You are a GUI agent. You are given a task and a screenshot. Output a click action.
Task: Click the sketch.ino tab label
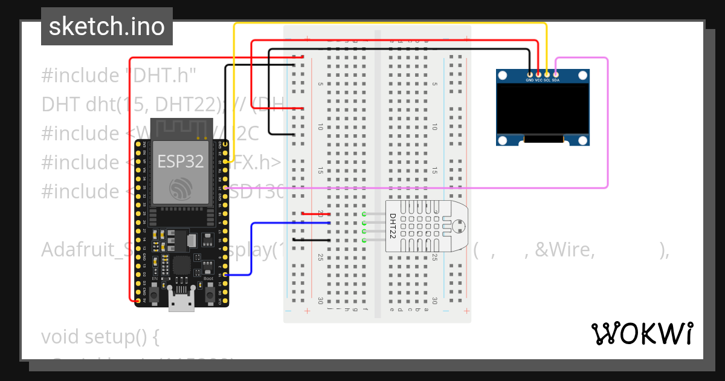point(106,27)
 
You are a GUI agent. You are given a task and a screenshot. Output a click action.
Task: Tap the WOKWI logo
point(642,333)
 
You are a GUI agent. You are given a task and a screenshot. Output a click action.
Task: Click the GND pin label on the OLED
point(530,80)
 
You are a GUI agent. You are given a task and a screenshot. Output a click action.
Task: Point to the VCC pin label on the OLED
point(538,80)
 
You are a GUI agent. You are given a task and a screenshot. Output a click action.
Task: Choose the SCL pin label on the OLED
point(547,80)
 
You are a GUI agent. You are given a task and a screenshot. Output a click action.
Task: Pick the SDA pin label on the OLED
point(556,80)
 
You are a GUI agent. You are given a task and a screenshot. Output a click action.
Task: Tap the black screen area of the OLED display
point(542,109)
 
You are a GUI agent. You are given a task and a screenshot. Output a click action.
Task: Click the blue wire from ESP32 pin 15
point(251,248)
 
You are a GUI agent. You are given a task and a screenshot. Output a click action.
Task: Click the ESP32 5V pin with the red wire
point(138,301)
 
